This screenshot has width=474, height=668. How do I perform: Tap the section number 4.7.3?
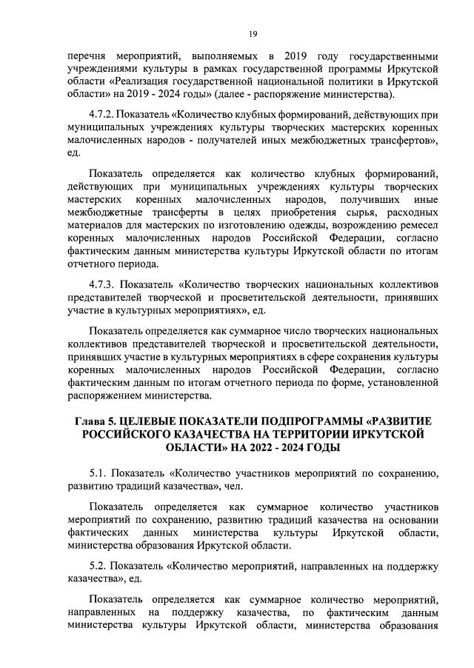click(x=104, y=284)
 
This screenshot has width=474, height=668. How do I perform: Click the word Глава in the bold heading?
click(x=92, y=421)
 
